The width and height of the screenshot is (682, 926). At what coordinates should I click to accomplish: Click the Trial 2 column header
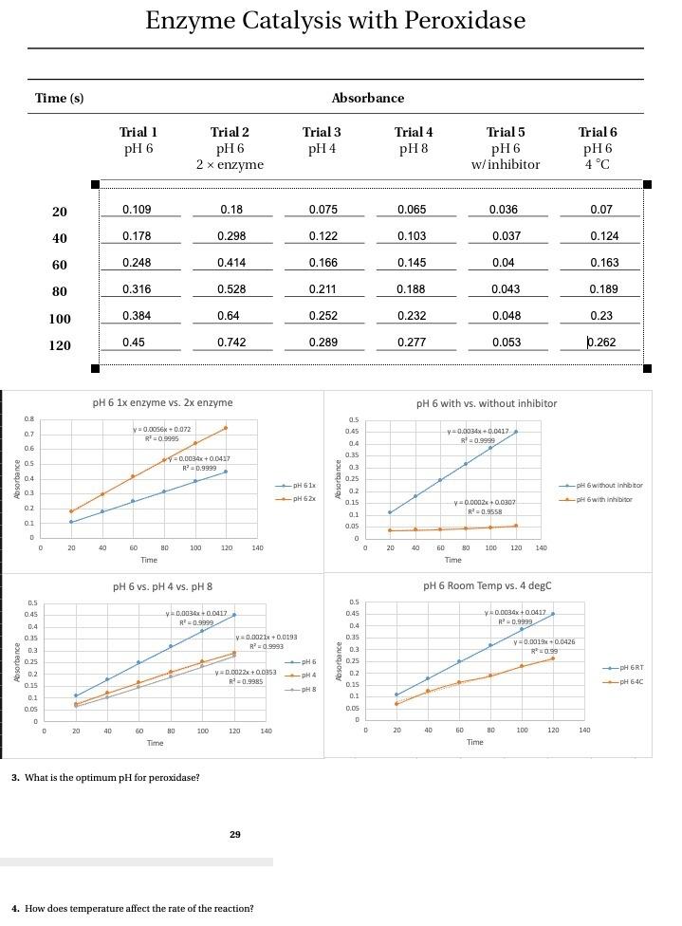pos(230,133)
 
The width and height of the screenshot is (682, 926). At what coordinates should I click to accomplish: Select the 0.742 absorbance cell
pos(231,343)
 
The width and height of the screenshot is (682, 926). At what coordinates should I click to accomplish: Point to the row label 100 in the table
pos(60,319)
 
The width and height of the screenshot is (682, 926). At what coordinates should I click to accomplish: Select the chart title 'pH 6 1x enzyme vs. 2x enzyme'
pos(162,402)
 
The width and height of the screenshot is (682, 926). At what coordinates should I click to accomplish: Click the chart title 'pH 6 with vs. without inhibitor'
pos(487,403)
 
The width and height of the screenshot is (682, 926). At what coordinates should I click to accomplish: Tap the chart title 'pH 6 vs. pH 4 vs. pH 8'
pos(162,586)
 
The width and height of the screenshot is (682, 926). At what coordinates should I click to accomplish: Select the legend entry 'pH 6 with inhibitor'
pos(609,499)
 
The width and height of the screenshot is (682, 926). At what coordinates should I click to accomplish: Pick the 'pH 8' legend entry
pos(307,689)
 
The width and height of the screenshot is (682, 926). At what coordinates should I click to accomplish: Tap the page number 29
pos(235,834)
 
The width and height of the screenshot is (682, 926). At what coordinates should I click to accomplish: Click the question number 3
pos(15,778)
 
